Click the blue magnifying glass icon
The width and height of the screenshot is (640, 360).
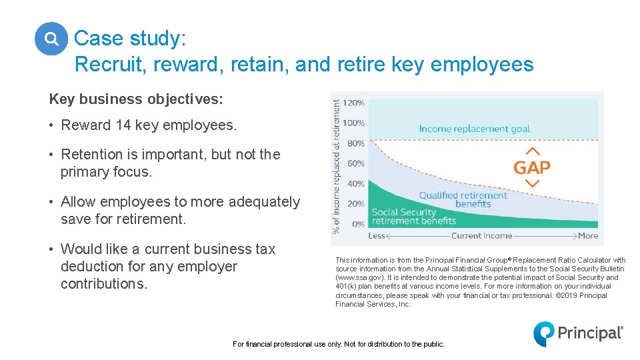[x=51, y=39]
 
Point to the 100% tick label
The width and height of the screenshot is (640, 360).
[x=355, y=123]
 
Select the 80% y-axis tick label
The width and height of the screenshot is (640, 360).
[x=357, y=143]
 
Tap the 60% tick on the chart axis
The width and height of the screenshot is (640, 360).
[x=357, y=163]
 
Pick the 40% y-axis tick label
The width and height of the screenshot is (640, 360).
[x=357, y=183]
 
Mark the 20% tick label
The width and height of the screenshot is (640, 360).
[x=357, y=203]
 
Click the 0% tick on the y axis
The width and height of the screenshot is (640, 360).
[x=358, y=224]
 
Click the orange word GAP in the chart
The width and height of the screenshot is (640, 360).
[x=532, y=167]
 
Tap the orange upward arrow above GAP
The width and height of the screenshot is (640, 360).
[x=532, y=151]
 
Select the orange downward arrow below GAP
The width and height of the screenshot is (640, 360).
[x=532, y=183]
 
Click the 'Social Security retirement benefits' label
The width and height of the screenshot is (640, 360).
[x=413, y=217]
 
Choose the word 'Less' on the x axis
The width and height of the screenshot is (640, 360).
[x=377, y=235]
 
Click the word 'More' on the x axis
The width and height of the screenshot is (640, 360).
[x=588, y=235]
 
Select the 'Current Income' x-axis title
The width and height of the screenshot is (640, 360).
[x=481, y=235]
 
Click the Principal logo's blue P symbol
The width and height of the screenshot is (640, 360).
[x=543, y=333]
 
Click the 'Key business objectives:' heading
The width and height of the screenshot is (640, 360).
[x=136, y=99]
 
